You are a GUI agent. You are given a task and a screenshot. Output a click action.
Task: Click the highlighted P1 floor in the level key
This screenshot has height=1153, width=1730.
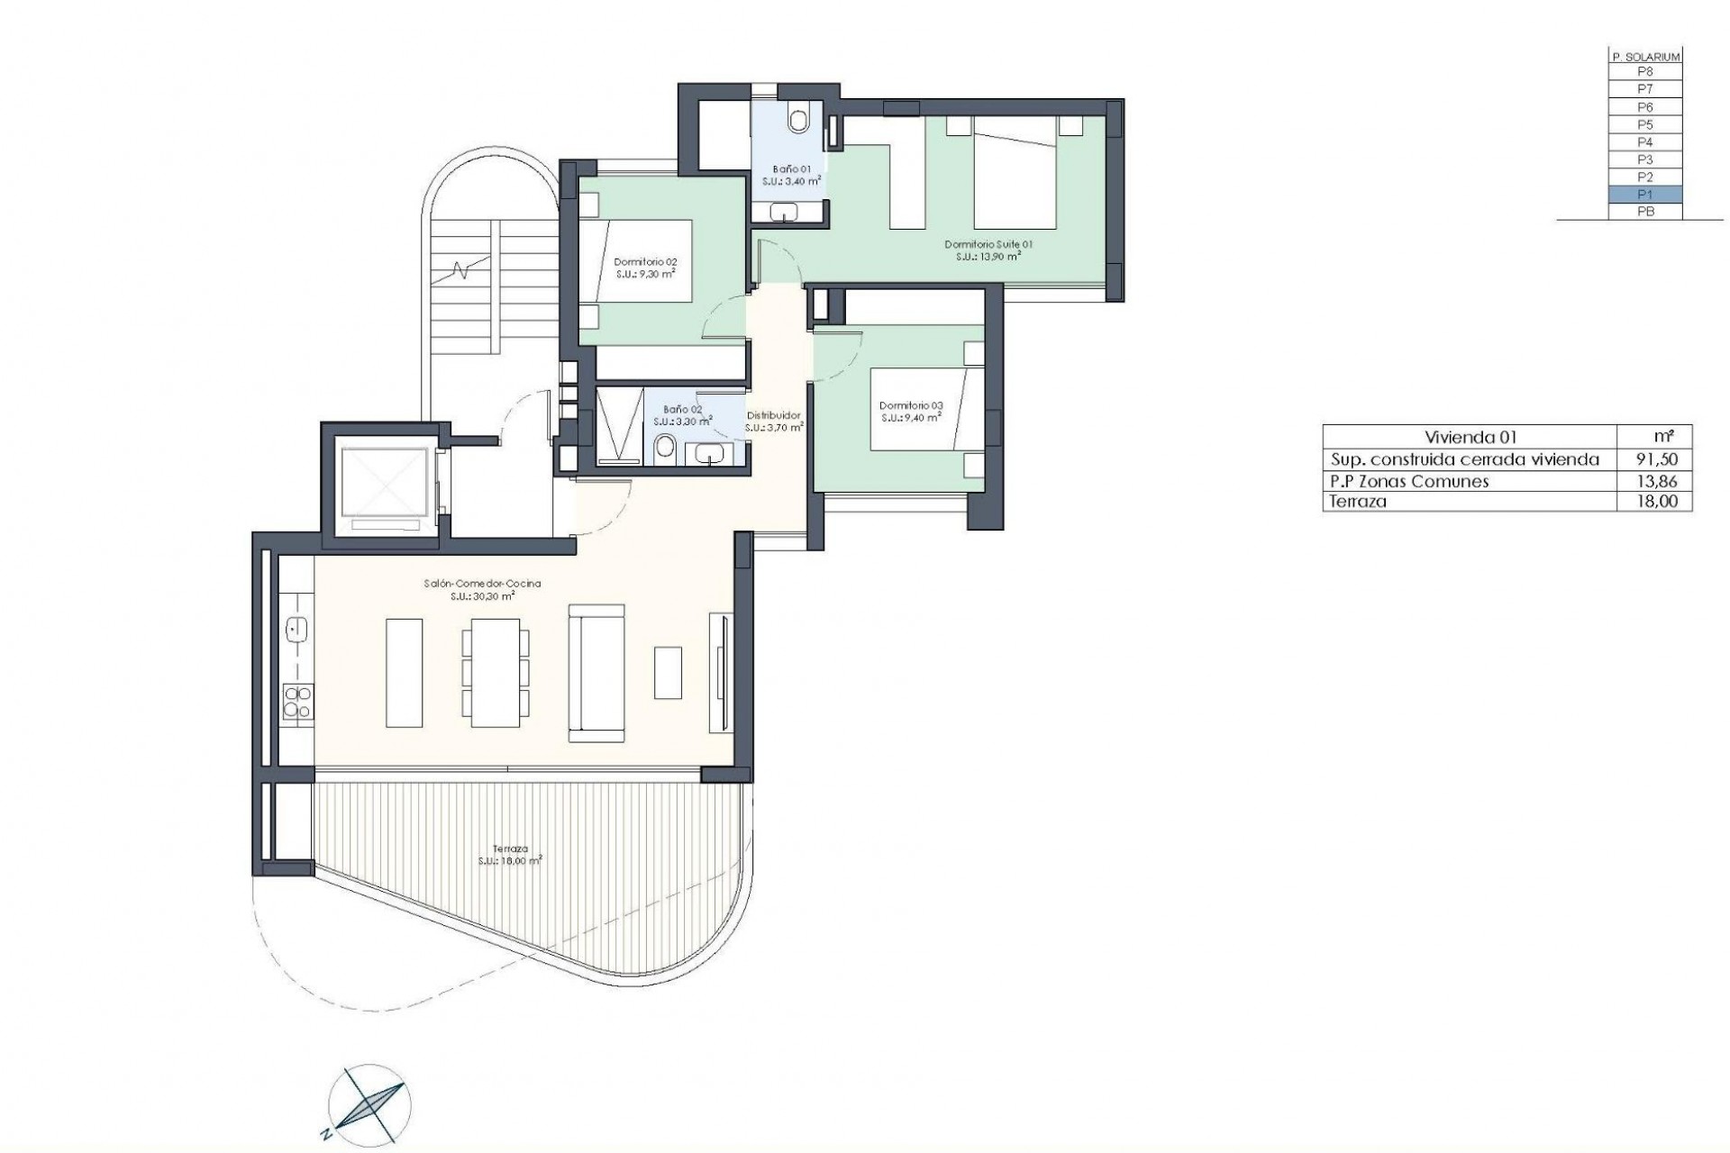(1645, 195)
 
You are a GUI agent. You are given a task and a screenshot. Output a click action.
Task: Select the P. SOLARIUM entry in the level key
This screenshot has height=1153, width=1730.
(1645, 57)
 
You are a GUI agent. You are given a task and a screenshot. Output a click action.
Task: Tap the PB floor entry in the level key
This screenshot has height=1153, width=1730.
(1645, 212)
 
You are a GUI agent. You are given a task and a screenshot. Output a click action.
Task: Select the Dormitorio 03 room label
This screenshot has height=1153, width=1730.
(911, 411)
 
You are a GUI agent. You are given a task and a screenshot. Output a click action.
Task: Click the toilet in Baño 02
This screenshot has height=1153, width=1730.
(666, 448)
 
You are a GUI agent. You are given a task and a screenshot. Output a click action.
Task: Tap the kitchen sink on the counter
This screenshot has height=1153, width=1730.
(296, 630)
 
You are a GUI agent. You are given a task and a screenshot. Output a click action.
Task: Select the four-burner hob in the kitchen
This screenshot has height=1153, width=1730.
(296, 702)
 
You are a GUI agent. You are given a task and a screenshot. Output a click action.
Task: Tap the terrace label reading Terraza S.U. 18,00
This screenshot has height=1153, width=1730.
(510, 854)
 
